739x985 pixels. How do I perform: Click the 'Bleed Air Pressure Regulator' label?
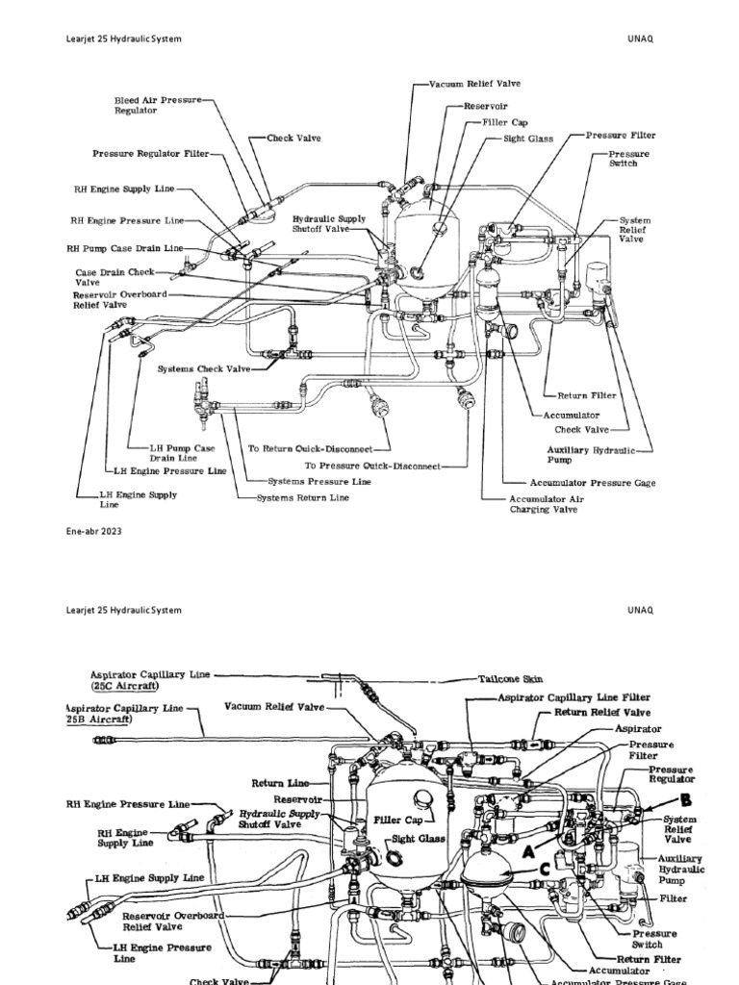click(x=157, y=105)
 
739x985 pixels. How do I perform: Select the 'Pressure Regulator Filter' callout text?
click(x=150, y=153)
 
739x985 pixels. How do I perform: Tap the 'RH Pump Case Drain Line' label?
click(x=124, y=247)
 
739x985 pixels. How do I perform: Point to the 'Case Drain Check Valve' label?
click(x=101, y=278)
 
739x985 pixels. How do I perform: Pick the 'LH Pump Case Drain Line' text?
click(x=182, y=453)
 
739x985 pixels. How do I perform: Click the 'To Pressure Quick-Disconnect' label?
click(x=372, y=466)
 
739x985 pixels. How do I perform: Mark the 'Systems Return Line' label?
click(x=302, y=498)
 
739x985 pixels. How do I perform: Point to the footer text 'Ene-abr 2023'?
click(x=94, y=530)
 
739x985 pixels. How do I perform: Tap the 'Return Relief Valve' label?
click(x=601, y=713)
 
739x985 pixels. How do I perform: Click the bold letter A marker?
click(x=529, y=851)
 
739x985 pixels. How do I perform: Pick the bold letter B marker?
click(x=686, y=798)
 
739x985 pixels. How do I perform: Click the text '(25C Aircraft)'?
click(x=125, y=688)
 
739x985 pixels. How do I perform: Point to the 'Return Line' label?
click(x=280, y=783)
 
